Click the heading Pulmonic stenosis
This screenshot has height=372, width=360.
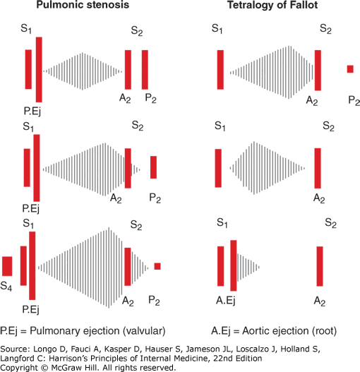tap(83, 5)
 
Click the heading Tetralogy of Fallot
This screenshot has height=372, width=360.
tap(272, 5)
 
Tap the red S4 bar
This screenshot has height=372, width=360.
tap(7, 266)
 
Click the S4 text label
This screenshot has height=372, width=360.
tap(6, 286)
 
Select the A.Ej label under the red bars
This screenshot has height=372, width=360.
tap(226, 301)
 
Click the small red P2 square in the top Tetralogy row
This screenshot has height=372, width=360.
tap(350, 69)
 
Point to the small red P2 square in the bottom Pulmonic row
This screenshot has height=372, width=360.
tap(157, 266)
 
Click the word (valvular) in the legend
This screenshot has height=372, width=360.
tap(144, 331)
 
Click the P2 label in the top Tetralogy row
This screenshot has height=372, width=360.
tap(354, 101)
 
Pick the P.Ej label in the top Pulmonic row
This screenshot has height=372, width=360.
tap(32, 111)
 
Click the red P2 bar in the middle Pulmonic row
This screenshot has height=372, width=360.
tap(154, 167)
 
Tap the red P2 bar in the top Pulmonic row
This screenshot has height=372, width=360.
tap(145, 70)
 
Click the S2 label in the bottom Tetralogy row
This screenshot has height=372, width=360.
tap(330, 223)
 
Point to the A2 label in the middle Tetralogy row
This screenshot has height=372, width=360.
tap(319, 198)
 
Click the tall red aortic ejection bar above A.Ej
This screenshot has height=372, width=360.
tap(234, 265)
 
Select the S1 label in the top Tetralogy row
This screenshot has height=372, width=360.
tap(217, 29)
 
